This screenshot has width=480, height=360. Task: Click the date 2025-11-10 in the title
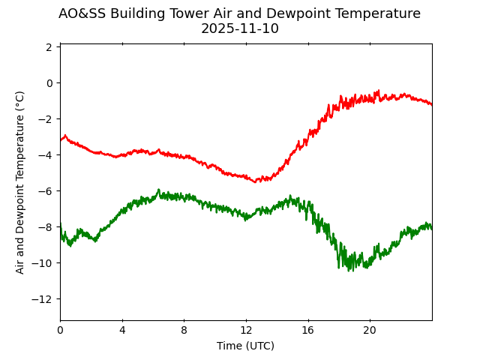pyautogui.click(x=239, y=28)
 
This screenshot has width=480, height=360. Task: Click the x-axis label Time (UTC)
pyautogui.click(x=245, y=346)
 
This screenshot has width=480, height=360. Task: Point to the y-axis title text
pyautogui.click(x=20, y=181)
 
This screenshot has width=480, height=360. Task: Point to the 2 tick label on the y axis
pyautogui.click(x=49, y=47)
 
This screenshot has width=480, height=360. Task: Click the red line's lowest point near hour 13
pyautogui.click(x=256, y=182)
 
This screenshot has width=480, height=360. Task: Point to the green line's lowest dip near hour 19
pyautogui.click(x=349, y=270)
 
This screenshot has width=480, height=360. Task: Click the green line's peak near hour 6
pyautogui.click(x=158, y=190)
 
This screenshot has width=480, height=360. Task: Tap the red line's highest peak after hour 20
pyautogui.click(x=378, y=91)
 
